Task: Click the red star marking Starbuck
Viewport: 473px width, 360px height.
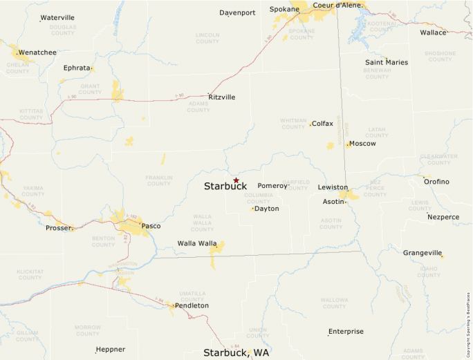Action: pos(236,180)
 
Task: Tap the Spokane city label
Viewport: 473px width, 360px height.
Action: pos(284,9)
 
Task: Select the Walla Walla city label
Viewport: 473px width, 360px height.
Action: pos(196,243)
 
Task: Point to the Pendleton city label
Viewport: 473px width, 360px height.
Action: pos(192,305)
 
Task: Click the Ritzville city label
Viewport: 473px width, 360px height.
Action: pos(221,97)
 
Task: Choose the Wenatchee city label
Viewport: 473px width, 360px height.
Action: pos(37,52)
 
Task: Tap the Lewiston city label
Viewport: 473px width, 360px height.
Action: pos(333,187)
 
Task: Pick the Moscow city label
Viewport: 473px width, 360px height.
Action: pos(362,144)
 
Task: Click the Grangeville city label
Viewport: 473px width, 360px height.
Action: pos(422,253)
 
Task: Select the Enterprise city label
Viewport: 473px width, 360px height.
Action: pos(346,332)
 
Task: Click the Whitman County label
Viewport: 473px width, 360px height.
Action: pos(293,124)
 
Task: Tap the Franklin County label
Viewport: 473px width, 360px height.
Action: pos(158,180)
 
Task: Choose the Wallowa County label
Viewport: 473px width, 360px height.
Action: pos(334,303)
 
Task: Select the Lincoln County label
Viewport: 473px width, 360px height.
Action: pos(207,38)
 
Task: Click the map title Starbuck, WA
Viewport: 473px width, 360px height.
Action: pos(236,353)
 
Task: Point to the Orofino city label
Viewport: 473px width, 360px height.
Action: pos(436,182)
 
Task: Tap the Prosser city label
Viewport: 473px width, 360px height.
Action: pos(58,228)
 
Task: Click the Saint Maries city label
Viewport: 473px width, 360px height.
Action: pos(387,62)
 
